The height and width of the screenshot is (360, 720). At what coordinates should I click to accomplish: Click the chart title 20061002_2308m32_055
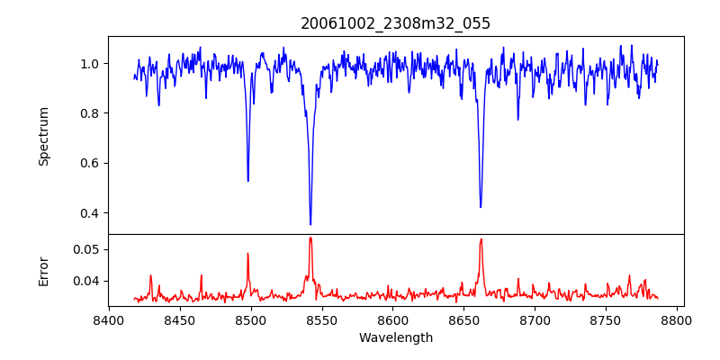(x=395, y=23)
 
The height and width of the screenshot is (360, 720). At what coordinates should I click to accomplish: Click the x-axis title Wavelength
(x=395, y=337)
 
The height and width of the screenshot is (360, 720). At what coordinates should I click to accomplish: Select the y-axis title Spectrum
(x=44, y=136)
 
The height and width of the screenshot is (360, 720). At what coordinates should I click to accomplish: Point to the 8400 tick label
(x=109, y=319)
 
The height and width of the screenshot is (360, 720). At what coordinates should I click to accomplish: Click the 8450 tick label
(x=180, y=319)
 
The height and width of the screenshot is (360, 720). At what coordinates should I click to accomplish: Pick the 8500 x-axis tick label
(x=250, y=319)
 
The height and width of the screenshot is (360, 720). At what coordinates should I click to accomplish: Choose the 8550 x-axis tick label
(x=321, y=319)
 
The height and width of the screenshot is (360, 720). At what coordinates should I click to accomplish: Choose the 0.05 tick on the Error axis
(x=87, y=249)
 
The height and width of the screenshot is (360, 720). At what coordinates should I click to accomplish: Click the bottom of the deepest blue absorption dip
(x=310, y=224)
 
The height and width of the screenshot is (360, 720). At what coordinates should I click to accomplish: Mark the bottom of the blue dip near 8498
(x=248, y=181)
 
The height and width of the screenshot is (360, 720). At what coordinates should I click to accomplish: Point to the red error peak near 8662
(x=481, y=239)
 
